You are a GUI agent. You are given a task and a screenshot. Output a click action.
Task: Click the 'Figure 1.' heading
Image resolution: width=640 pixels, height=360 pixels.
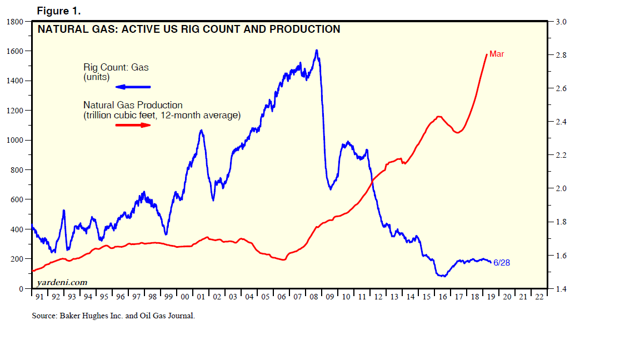58,11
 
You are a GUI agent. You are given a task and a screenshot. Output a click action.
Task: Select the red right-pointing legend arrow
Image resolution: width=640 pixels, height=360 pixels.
133,125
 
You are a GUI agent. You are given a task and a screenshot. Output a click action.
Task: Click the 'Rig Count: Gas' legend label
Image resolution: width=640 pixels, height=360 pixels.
116,68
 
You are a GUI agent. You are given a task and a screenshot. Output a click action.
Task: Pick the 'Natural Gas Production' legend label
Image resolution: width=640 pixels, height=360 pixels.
133,105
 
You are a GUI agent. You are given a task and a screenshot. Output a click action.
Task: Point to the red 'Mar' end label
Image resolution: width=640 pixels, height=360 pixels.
497,54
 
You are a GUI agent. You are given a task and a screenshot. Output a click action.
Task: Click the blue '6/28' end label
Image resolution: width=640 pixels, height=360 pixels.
502,263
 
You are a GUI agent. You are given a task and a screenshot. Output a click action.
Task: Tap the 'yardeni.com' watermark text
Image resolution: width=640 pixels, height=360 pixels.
62,282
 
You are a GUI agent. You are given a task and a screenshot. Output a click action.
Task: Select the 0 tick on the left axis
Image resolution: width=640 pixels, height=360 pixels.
21,289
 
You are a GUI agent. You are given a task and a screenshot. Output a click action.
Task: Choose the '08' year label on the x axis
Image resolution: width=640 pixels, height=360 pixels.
314,297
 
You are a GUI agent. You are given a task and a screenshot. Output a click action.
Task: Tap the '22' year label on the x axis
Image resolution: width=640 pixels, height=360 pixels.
539,297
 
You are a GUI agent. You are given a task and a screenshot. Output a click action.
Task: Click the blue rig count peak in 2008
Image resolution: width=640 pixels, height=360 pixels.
317,51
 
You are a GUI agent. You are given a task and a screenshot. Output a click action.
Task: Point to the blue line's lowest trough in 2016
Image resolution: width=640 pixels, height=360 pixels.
442,276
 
